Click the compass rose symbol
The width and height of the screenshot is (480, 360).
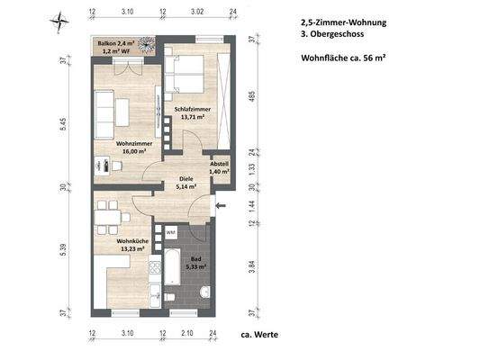coord(59,17)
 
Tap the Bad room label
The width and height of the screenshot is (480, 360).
coord(195,263)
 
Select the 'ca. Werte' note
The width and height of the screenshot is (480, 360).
coord(260,335)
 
